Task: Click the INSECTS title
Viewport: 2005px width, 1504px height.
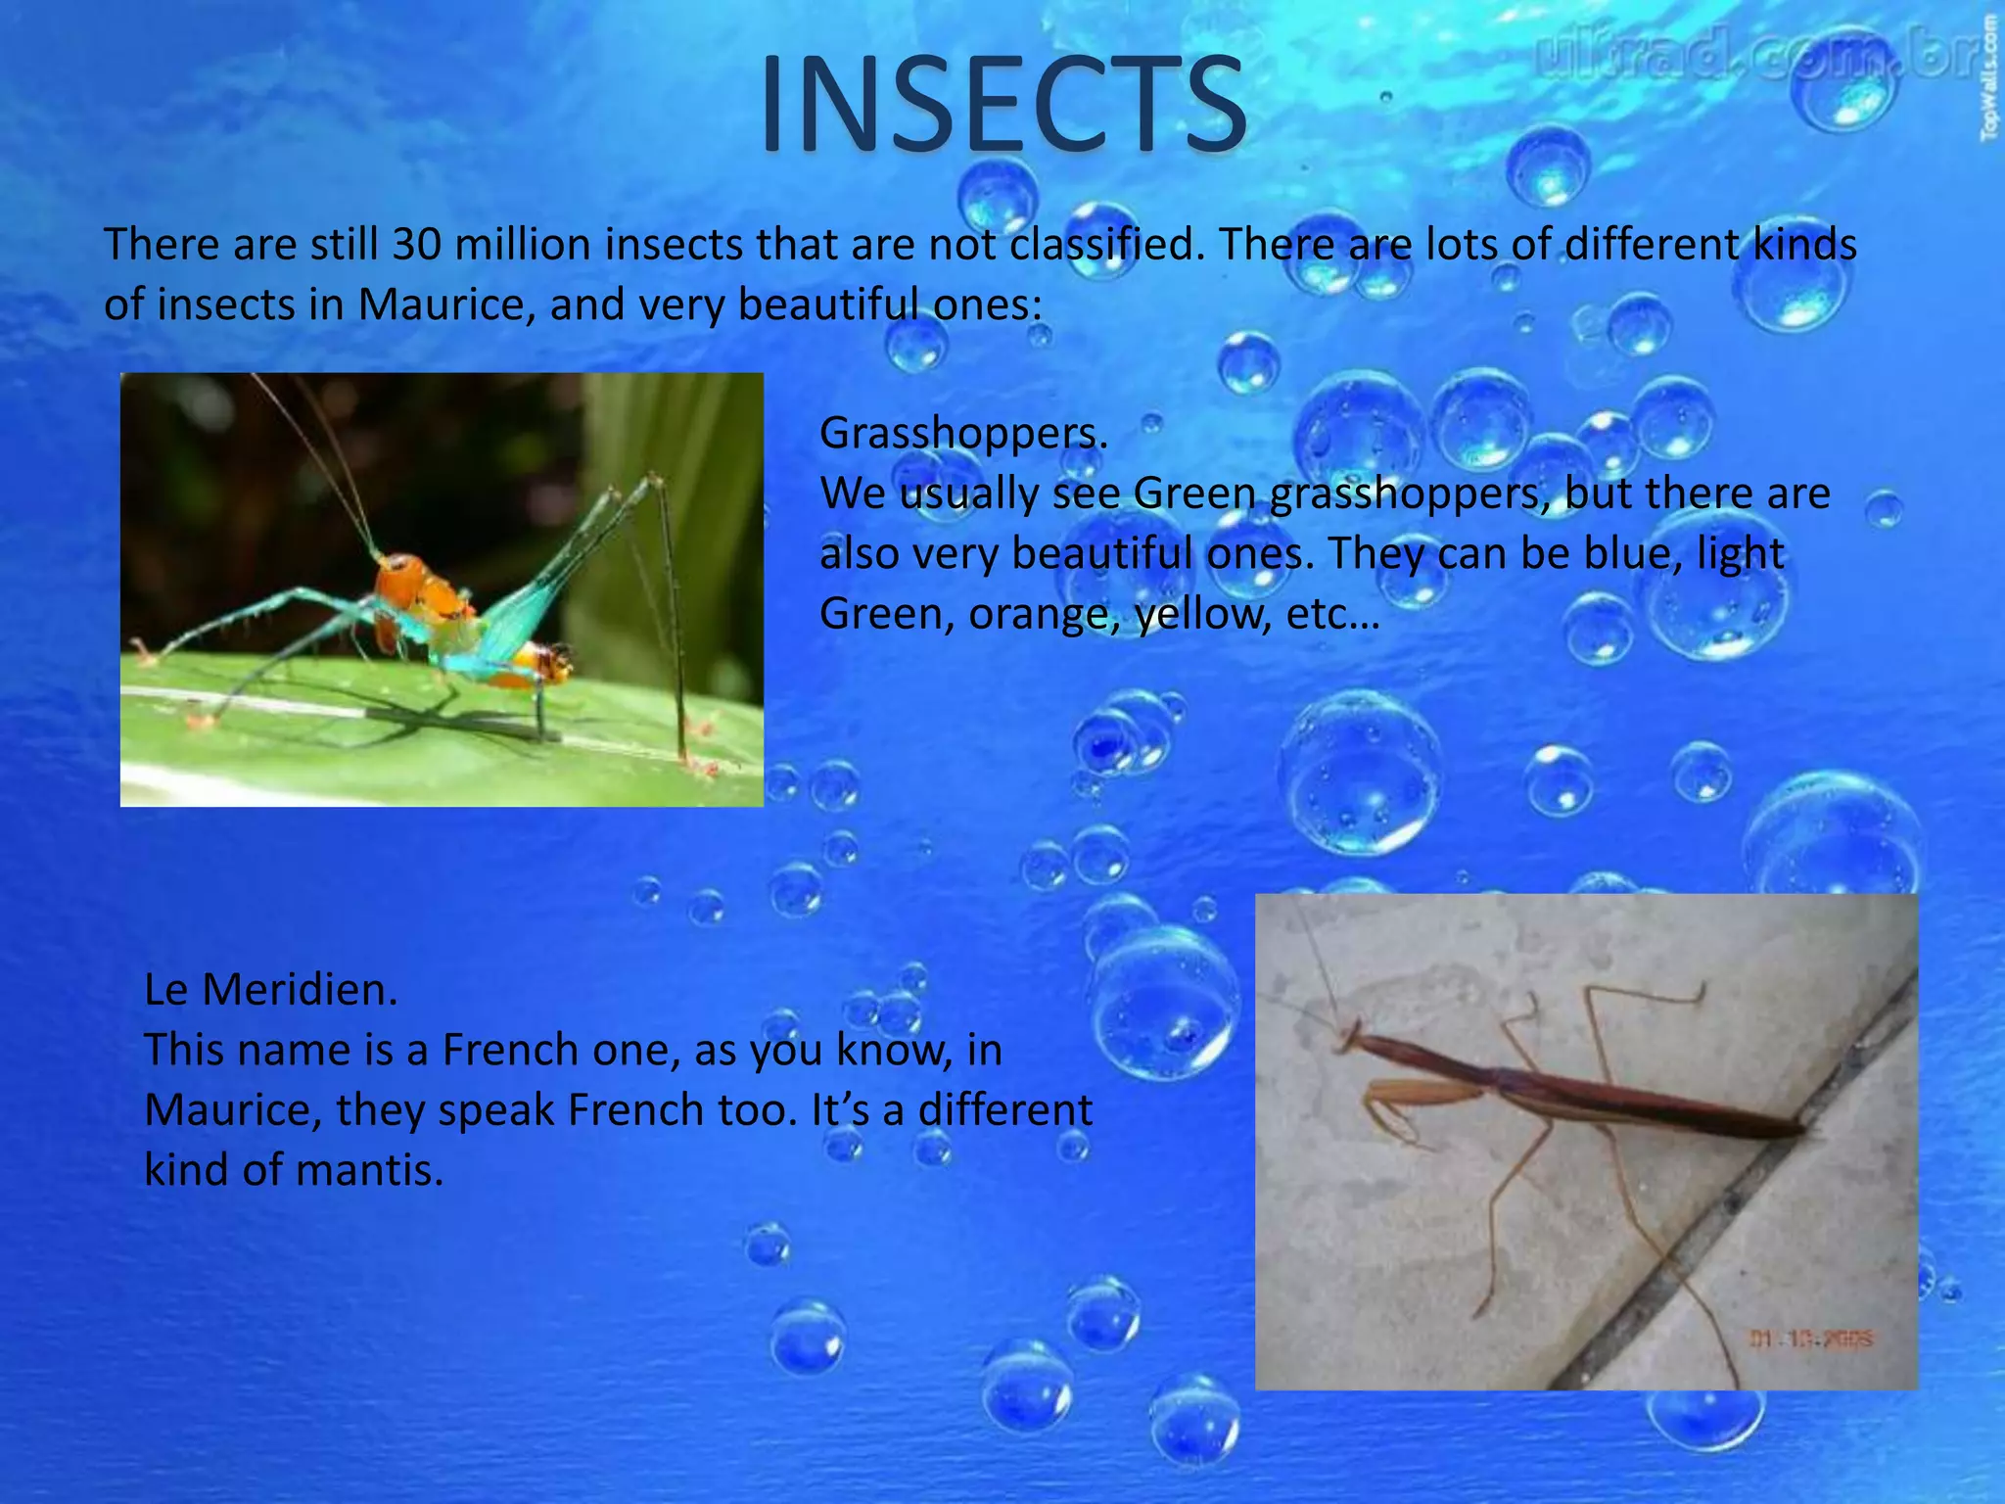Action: (1002, 105)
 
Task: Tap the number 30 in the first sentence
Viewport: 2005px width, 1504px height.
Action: (416, 244)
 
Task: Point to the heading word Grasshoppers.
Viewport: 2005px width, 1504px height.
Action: (962, 433)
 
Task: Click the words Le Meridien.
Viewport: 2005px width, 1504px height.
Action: (270, 990)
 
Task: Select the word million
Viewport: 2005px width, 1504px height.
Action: (520, 244)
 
